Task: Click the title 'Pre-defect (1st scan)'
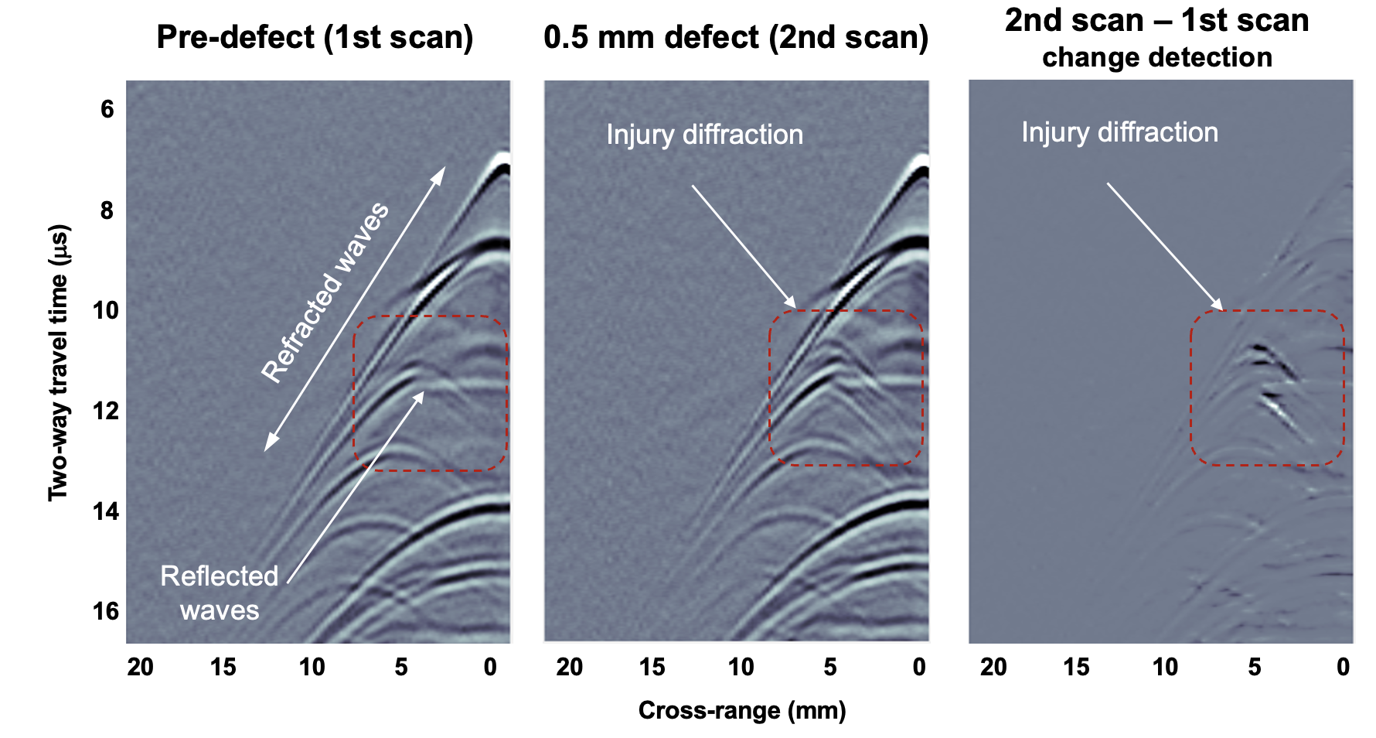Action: point(315,37)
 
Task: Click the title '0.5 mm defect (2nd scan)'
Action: point(736,37)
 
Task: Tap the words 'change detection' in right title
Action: point(1156,58)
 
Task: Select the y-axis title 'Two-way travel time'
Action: point(59,362)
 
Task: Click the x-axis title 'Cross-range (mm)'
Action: point(742,710)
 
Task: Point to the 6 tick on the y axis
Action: point(107,110)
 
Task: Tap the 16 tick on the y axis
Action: point(107,612)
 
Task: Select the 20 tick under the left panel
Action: point(141,667)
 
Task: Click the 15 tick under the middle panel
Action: point(652,667)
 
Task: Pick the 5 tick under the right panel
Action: point(1255,667)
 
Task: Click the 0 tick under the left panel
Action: point(490,667)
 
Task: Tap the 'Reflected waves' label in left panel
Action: point(220,593)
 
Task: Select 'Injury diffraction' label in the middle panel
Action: point(704,135)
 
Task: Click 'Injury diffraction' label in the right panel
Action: point(1119,132)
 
